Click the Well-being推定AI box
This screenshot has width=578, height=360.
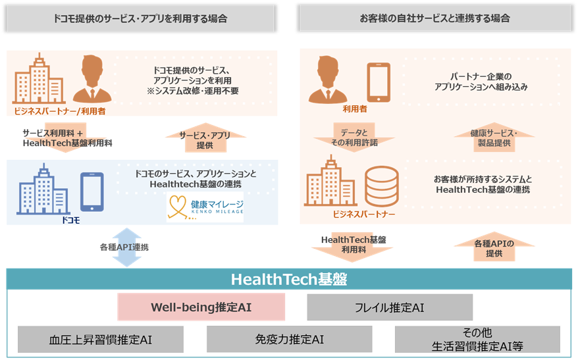click(201, 307)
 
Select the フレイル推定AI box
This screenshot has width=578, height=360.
click(390, 307)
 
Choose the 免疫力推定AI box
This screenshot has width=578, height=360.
click(289, 339)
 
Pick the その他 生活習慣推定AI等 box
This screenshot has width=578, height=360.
click(477, 339)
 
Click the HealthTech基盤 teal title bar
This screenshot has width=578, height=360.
click(289, 278)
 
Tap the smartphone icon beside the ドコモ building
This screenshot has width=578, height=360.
click(92, 191)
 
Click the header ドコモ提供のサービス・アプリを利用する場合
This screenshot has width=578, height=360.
click(140, 18)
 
